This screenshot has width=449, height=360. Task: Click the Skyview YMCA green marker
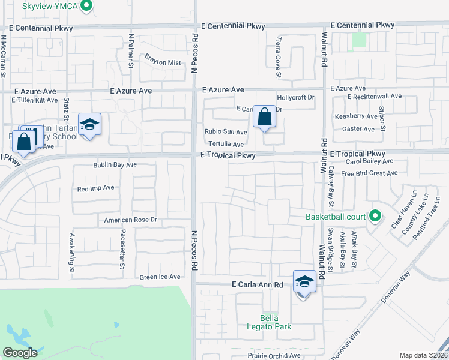(86, 6)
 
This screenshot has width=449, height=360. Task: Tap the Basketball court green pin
(376, 215)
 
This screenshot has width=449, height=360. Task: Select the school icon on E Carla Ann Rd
(304, 281)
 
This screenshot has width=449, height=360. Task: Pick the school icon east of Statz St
(89, 124)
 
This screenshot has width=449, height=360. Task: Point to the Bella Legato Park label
(276, 322)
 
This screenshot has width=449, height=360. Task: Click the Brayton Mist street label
(162, 62)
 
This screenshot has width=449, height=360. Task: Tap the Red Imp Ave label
(95, 188)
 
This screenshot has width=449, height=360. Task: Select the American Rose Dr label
(130, 220)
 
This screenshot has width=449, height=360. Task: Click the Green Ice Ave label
(160, 277)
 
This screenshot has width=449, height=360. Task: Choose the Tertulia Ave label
(226, 144)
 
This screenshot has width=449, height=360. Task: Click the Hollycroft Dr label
(295, 97)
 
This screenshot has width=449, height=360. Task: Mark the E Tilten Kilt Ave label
(34, 100)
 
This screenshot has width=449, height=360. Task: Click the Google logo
(20, 353)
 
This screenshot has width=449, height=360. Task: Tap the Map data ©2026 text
(423, 355)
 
